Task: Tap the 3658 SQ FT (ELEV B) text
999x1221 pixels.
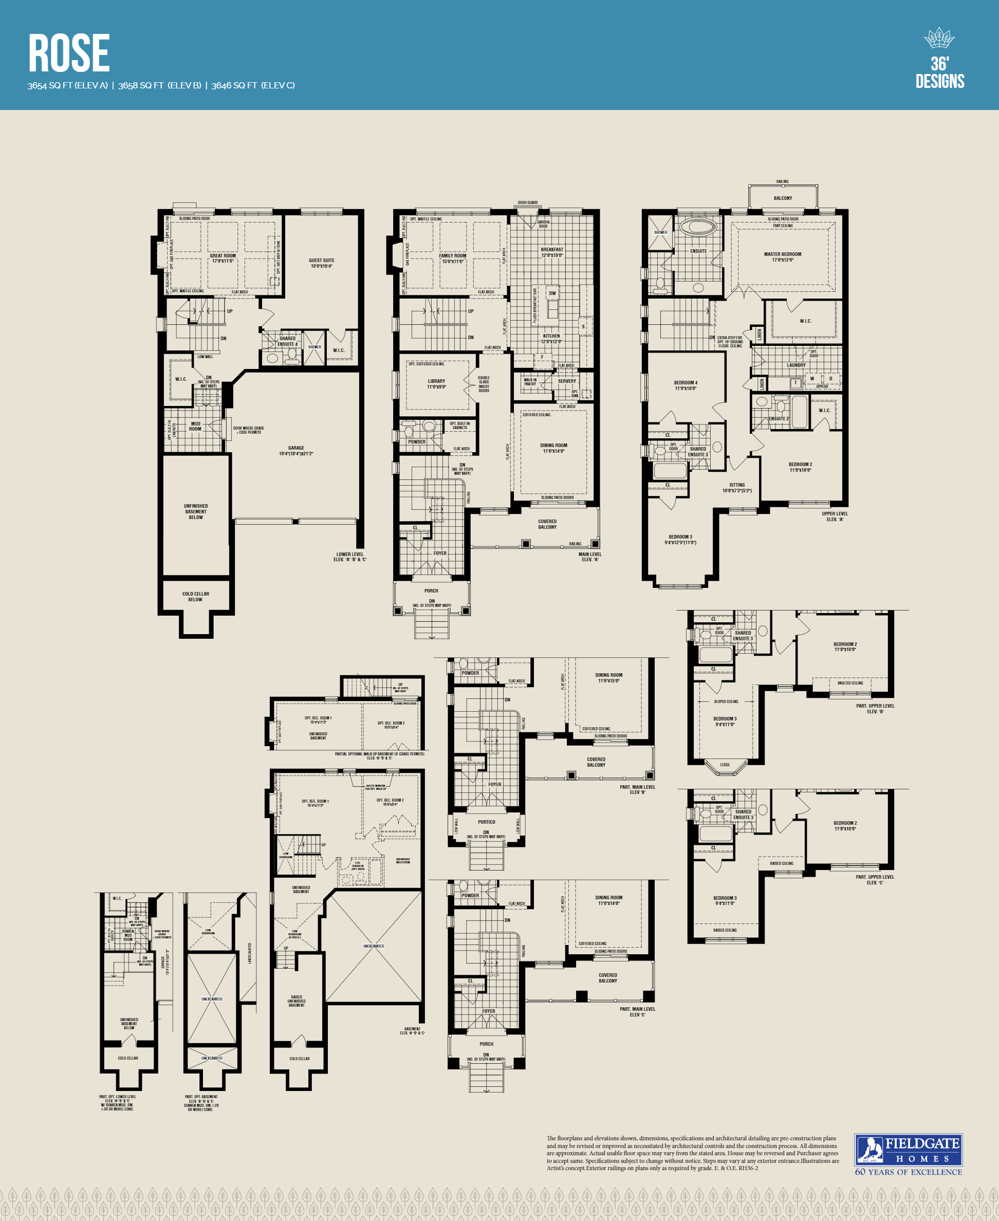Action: [159, 86]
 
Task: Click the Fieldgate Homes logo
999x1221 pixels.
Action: [908, 1150]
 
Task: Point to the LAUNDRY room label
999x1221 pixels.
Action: [797, 365]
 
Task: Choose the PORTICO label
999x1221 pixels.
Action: [486, 822]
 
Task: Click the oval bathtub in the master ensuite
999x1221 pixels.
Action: [698, 226]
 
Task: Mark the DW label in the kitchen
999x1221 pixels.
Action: [552, 293]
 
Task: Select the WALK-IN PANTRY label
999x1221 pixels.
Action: [530, 381]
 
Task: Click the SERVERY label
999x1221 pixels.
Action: [567, 381]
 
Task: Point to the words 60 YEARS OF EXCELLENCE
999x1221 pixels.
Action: [908, 1172]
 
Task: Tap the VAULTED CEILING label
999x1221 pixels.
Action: [850, 683]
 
